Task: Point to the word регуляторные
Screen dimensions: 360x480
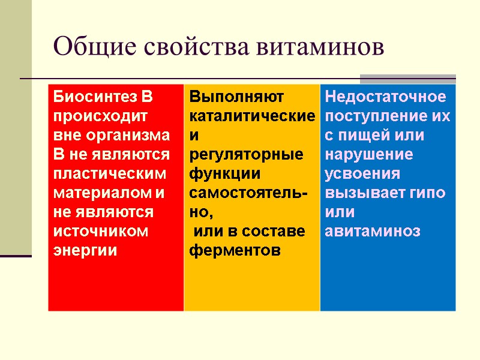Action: coord(246,155)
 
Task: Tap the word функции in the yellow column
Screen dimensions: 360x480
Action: coord(224,174)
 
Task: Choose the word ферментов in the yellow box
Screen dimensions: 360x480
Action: coord(235,251)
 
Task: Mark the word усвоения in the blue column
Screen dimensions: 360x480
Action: coord(362,174)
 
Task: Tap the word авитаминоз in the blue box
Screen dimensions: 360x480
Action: coord(373,231)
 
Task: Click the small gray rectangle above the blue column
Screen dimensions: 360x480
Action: coord(408,79)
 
